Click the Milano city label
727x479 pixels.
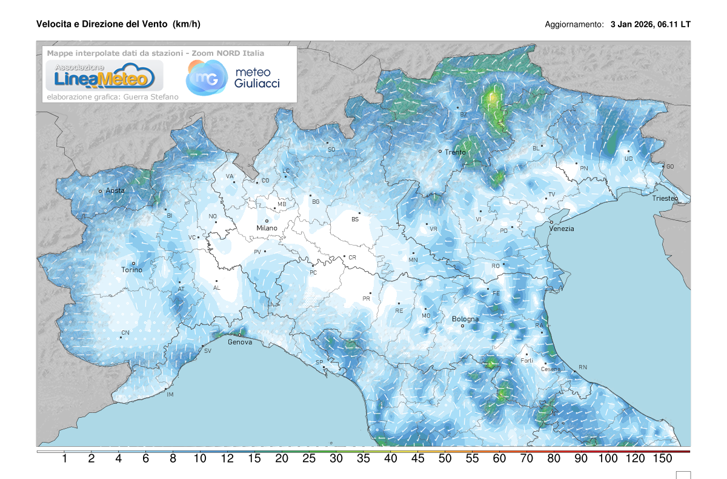click(267, 228)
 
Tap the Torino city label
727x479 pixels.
click(131, 270)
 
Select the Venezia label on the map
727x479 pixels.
click(561, 229)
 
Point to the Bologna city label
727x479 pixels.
click(465, 319)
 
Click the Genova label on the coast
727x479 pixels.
click(240, 342)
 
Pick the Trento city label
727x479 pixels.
click(455, 152)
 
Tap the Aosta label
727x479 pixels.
click(115, 190)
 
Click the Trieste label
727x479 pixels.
click(665, 198)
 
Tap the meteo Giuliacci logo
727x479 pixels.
click(233, 77)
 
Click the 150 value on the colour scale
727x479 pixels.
click(662, 459)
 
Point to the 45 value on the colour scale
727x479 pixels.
click(417, 459)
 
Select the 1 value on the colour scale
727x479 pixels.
click(64, 459)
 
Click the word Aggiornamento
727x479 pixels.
click(574, 25)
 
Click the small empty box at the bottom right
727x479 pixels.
click(683, 474)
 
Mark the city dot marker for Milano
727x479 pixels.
click(267, 221)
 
